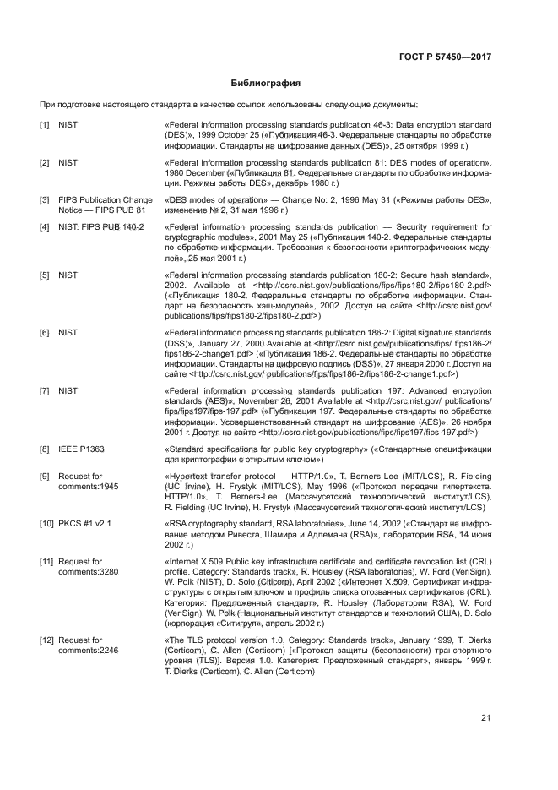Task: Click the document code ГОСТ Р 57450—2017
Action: [445, 57]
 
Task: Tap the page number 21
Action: [486, 718]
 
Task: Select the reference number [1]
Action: [45, 125]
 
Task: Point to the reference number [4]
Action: [45, 227]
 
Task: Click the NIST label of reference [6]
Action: [68, 333]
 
